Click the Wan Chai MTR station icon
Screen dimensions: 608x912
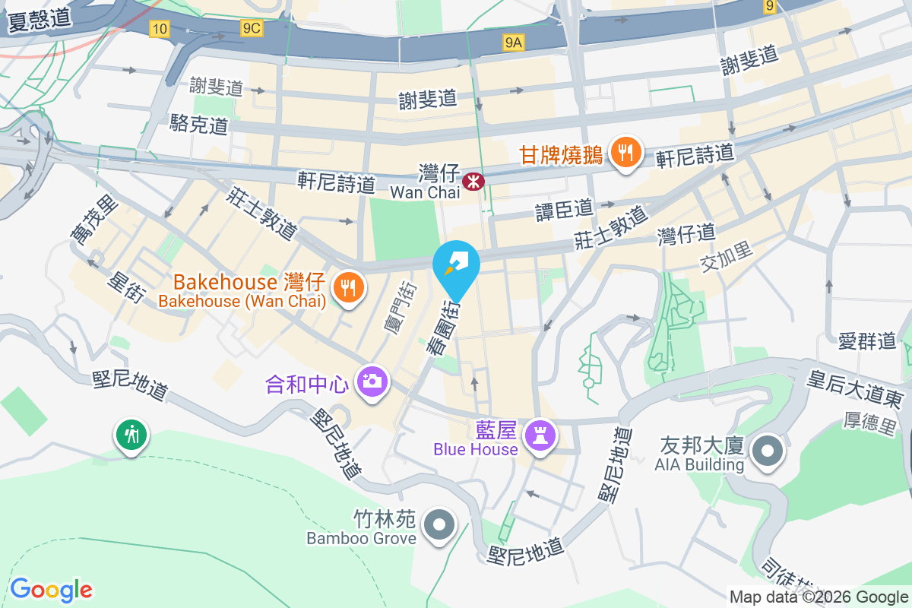[x=473, y=181]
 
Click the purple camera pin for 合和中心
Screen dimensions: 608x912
[x=372, y=380]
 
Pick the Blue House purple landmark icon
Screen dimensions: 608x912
[x=540, y=435]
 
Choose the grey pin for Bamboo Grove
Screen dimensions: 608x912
[x=439, y=525]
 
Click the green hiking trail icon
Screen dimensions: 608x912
[x=131, y=435]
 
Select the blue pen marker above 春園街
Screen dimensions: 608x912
[x=456, y=264]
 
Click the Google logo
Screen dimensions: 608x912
[x=51, y=590]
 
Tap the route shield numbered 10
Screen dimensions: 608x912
[x=159, y=30]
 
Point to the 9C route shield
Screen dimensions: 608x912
[x=251, y=28]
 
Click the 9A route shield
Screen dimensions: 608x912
[x=514, y=43]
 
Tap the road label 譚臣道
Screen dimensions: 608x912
[x=563, y=207]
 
